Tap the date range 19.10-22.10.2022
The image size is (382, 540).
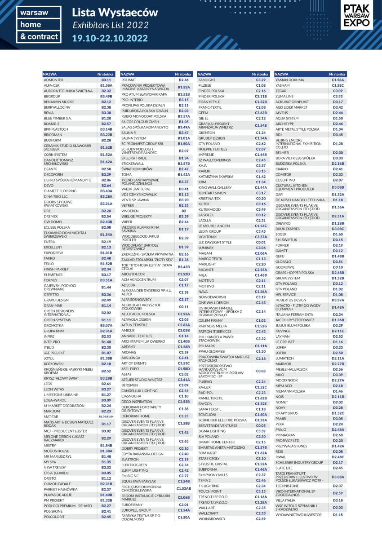(x=110, y=37)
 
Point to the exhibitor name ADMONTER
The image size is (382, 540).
(x=53, y=80)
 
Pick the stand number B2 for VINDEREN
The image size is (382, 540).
(x=183, y=210)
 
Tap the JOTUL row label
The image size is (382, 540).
(x=49, y=359)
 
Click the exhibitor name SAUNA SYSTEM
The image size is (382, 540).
(x=133, y=138)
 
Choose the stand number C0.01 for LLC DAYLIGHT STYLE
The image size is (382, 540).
(x=261, y=242)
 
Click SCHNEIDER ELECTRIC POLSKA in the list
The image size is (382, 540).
(x=222, y=420)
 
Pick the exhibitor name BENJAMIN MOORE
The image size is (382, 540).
(x=59, y=102)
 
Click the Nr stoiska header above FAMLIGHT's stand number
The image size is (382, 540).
(x=260, y=74)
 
